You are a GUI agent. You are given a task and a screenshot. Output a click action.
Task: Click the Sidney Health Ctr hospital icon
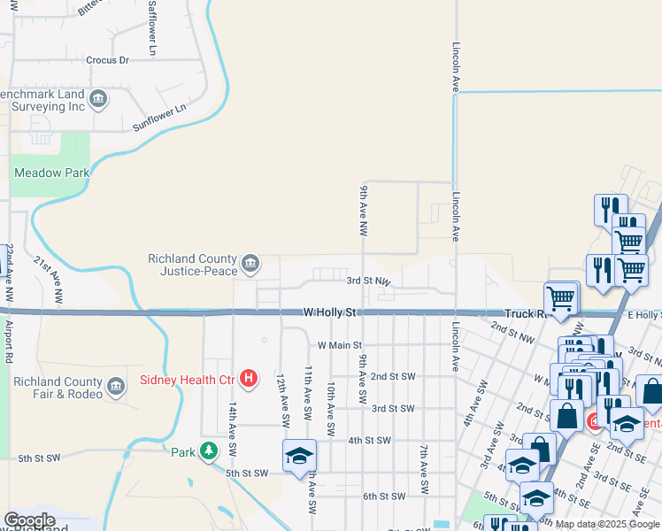pos(250,380)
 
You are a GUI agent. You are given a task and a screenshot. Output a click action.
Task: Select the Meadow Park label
pos(52,173)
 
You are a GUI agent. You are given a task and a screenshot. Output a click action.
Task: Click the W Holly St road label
pos(329,312)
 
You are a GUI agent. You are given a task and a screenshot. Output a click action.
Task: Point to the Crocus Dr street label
pos(108,60)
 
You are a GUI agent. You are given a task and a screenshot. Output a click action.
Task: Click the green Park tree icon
pos(209,451)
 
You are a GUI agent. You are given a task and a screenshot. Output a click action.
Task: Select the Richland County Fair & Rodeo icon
pos(116,387)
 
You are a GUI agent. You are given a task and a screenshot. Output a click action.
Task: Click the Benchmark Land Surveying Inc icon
pos(98,99)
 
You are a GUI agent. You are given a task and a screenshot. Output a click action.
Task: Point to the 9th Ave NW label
pos(364,211)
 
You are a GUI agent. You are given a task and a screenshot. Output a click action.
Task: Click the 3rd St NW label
pos(368,281)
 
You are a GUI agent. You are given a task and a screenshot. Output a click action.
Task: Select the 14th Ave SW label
pos(233,426)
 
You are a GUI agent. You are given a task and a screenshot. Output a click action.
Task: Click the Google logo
pos(29,520)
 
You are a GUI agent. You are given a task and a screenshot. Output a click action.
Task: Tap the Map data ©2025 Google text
pos(607,524)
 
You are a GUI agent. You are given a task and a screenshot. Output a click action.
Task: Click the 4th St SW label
pos(369,440)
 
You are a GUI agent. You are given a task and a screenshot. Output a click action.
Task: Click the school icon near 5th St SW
pos(299,455)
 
